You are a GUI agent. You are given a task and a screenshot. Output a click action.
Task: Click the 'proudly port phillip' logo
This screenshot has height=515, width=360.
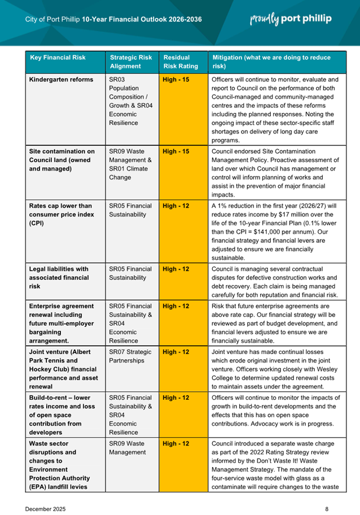tap(291, 19)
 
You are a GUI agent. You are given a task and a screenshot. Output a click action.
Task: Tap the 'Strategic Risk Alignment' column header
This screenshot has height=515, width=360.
tap(131, 62)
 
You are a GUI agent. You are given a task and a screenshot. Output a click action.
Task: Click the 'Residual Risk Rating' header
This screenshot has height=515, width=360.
tap(177, 62)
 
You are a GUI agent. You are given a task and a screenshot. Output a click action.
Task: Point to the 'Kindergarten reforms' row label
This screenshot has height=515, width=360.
tap(61, 80)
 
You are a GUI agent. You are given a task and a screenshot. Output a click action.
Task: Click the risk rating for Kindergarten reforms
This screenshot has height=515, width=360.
tap(175, 80)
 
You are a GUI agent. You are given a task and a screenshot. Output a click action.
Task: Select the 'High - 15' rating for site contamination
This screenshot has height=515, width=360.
tap(175, 151)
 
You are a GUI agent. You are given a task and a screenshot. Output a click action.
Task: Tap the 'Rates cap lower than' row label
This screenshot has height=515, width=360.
tap(60, 206)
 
